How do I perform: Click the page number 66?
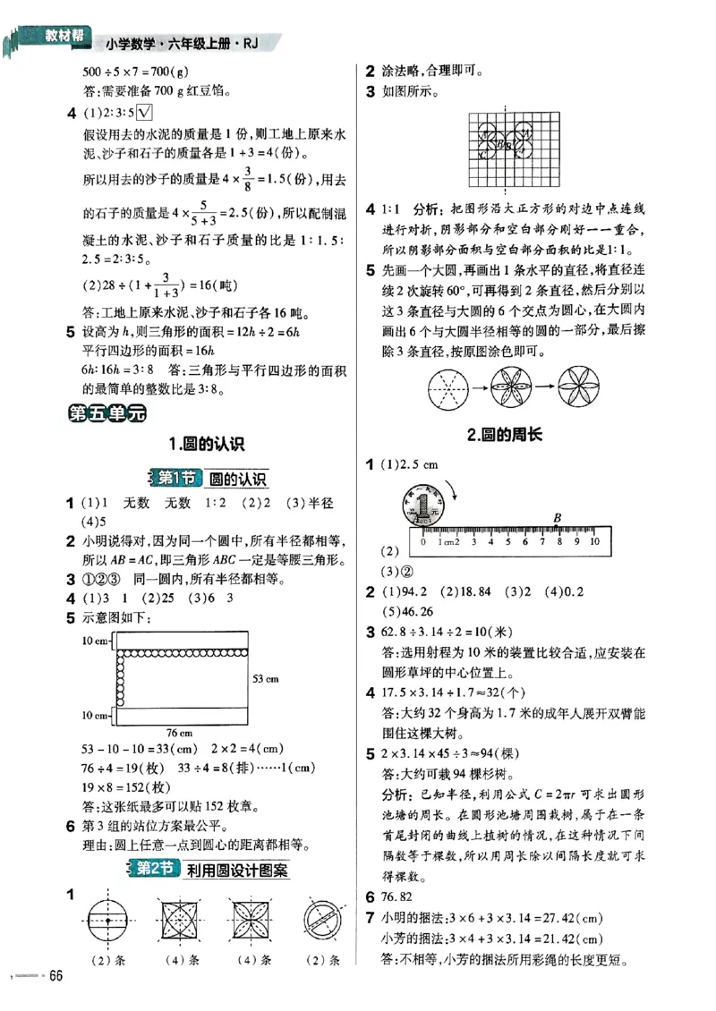pyautogui.click(x=58, y=974)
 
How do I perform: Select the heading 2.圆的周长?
pyautogui.click(x=507, y=436)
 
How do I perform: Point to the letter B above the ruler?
pyautogui.click(x=557, y=516)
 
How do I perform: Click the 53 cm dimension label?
pyautogui.click(x=265, y=678)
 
